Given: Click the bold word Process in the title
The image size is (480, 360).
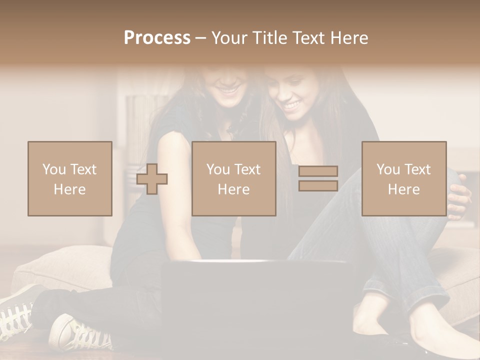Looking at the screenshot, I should click(157, 38).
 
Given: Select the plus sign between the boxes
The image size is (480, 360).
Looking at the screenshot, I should click(152, 179).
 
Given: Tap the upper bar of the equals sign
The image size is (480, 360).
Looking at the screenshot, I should click(318, 171).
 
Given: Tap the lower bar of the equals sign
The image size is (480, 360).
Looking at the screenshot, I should click(318, 185).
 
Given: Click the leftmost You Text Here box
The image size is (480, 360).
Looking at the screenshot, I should click(69, 178).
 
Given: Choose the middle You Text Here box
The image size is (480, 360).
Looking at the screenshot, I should click(233, 178).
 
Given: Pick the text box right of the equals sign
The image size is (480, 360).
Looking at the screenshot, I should click(403, 178).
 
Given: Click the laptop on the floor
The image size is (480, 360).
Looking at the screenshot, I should click(255, 305).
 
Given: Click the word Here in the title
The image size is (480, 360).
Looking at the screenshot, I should click(349, 38).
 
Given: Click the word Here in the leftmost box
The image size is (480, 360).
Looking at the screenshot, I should click(69, 189).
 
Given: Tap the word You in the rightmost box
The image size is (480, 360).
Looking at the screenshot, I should click(388, 169).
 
